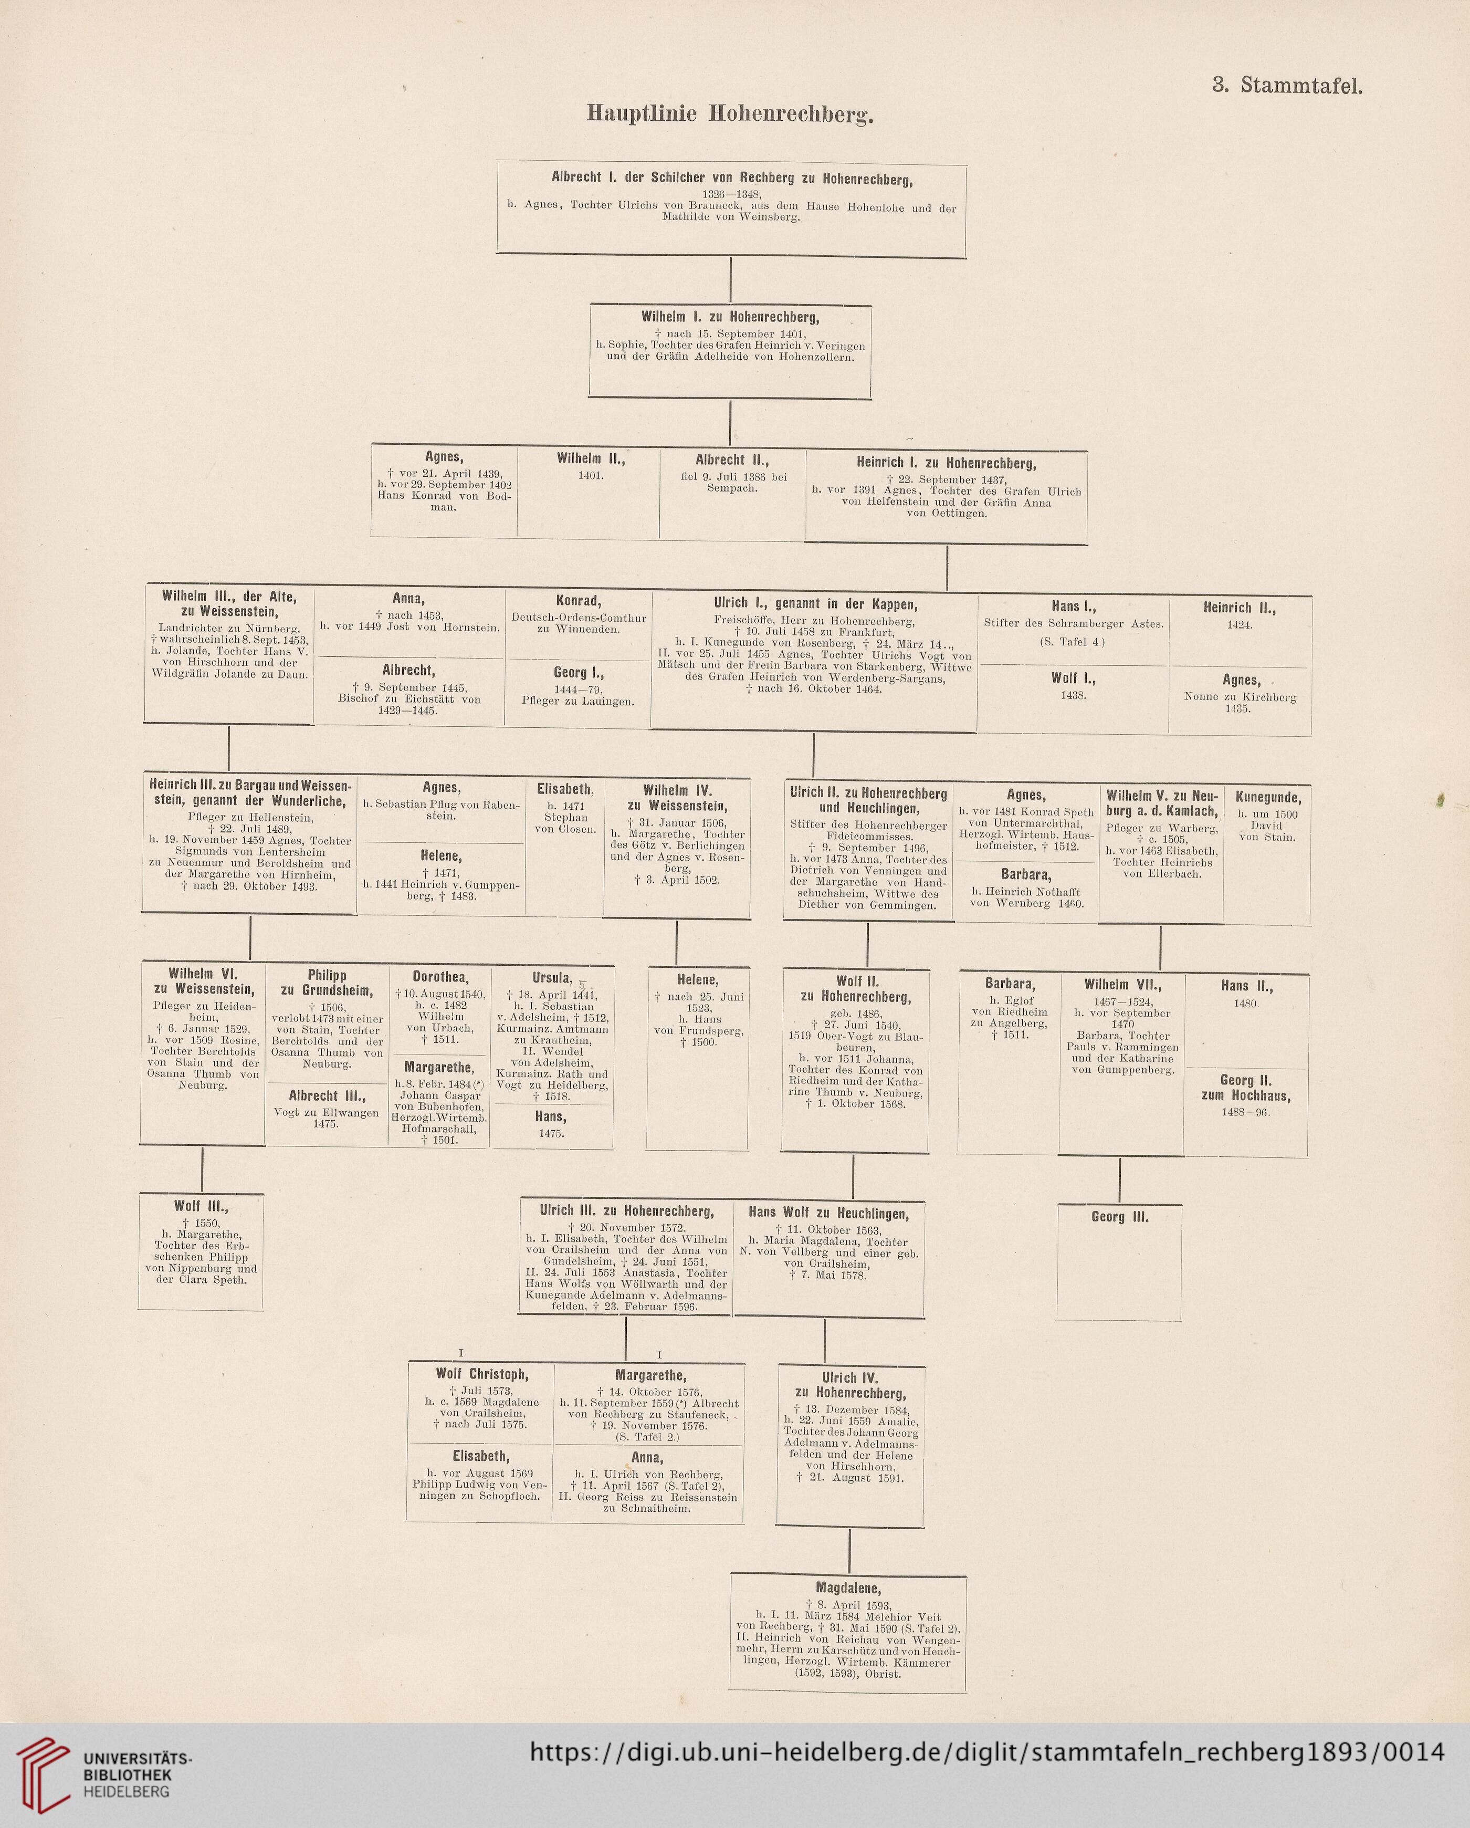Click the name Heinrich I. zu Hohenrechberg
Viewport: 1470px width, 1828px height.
click(946, 464)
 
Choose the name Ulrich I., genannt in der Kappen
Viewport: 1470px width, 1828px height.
click(815, 604)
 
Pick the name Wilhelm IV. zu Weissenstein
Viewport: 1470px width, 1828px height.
click(677, 798)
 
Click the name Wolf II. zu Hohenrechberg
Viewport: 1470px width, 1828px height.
click(855, 989)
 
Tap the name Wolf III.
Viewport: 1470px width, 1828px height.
click(201, 1206)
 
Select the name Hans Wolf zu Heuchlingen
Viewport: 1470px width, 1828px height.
click(829, 1213)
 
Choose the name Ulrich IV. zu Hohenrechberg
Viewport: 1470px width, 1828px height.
click(850, 1385)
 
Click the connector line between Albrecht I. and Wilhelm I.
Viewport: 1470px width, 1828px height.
click(731, 280)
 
